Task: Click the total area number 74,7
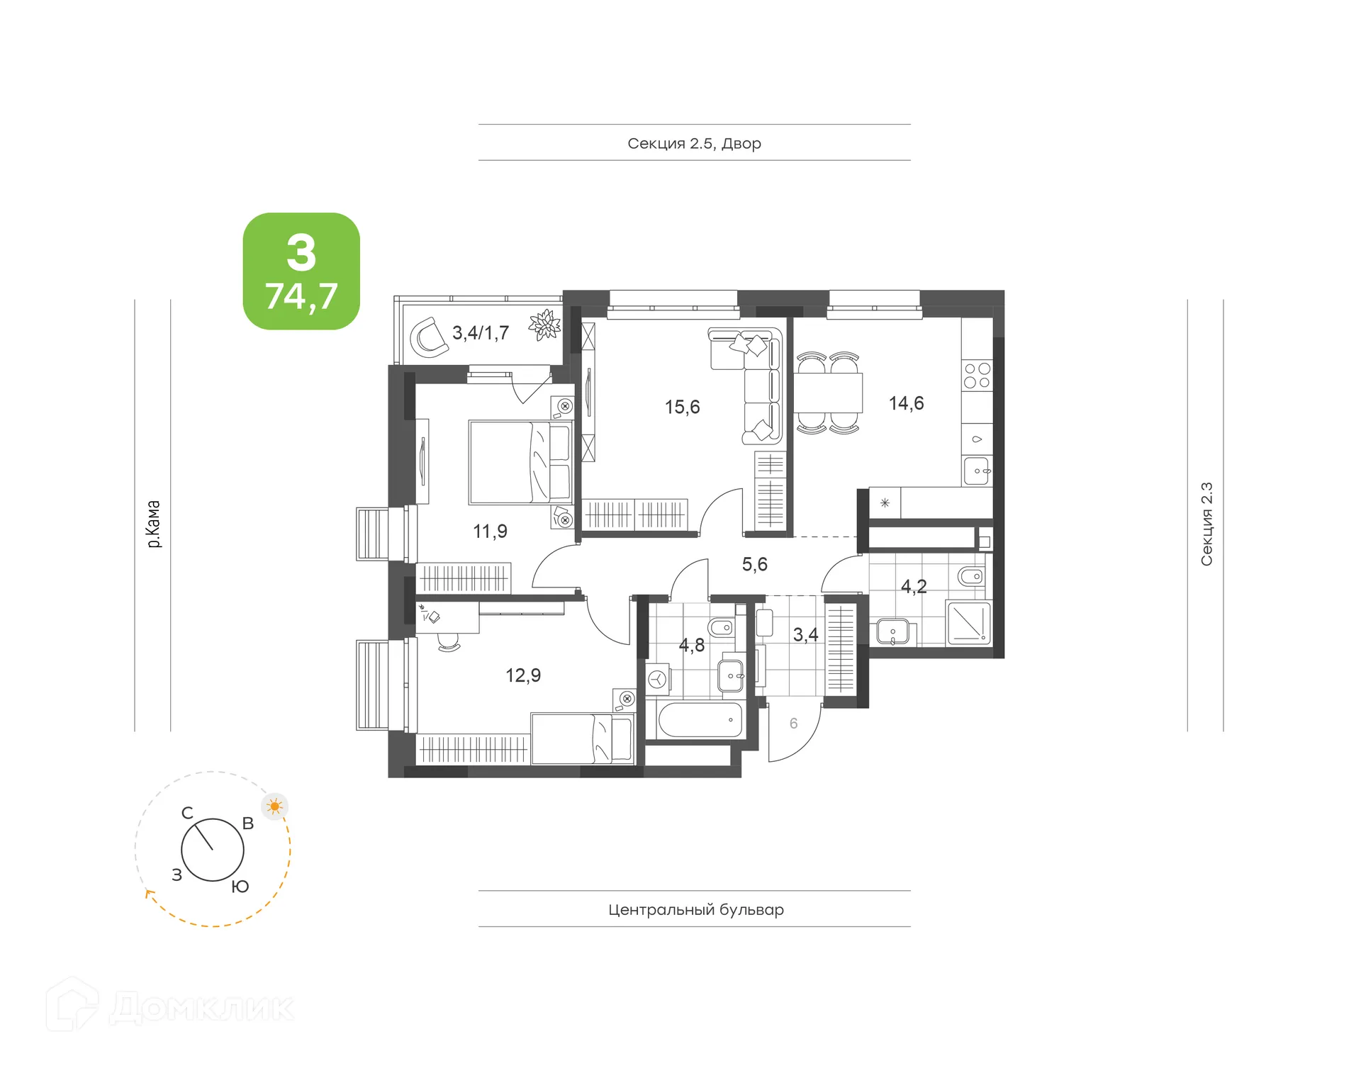point(301,296)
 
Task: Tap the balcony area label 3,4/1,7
point(481,332)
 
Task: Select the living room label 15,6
point(682,407)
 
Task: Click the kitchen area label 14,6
point(906,403)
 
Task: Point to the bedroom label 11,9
point(490,531)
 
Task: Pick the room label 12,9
point(522,675)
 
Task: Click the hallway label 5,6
point(754,564)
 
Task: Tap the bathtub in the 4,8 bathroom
point(700,720)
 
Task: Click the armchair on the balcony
point(430,337)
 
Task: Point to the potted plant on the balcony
point(544,325)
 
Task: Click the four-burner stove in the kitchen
point(977,376)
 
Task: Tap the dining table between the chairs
point(827,393)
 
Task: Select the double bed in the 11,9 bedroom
point(520,462)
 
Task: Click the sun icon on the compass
point(275,806)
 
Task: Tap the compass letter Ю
point(240,887)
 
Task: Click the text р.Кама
point(153,524)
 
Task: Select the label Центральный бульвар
point(695,909)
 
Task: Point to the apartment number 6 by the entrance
point(793,723)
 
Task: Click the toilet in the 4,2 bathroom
point(970,576)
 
